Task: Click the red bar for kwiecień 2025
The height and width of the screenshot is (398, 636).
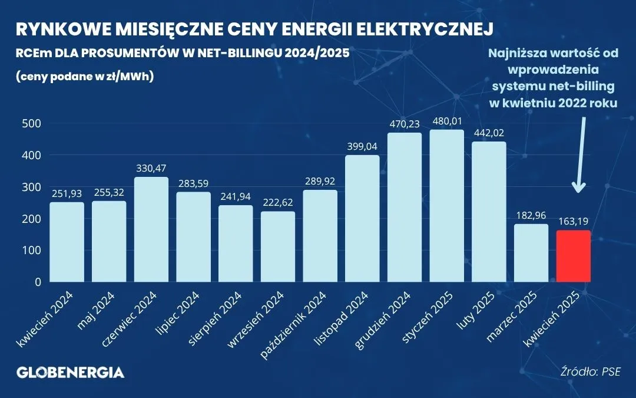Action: pos(573,256)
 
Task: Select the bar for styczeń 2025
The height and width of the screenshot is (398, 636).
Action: pos(446,206)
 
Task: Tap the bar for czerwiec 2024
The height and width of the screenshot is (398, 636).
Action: pos(151,229)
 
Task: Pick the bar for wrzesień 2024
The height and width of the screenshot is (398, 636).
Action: pos(278,246)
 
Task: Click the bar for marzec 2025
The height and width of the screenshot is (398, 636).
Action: pos(531,253)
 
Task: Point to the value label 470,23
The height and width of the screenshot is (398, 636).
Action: pos(404,124)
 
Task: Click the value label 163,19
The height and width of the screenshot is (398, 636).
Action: pos(573,222)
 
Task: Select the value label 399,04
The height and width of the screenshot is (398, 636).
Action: pos(362,147)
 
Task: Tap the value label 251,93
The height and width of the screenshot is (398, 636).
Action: pos(67,194)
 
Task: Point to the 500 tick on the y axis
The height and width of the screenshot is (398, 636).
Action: pos(29,123)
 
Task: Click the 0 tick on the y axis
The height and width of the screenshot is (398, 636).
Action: pos(37,282)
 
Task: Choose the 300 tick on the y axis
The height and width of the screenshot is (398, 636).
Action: pos(29,187)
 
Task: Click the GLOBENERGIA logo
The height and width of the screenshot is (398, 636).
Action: pos(70,372)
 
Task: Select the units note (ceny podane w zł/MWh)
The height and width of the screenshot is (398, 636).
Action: pos(85,76)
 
